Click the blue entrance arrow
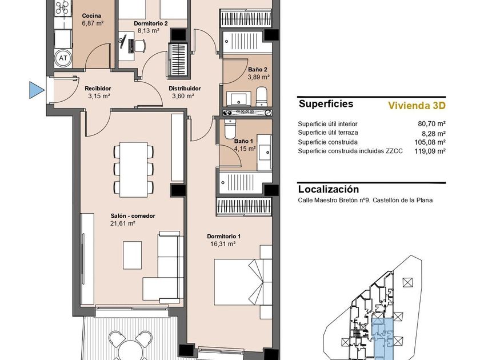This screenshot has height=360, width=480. (x=37, y=90)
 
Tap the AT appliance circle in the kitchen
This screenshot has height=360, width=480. (x=63, y=58)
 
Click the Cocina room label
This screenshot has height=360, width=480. (x=91, y=15)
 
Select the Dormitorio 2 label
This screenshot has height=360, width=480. (x=151, y=23)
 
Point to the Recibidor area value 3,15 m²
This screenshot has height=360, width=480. (x=99, y=96)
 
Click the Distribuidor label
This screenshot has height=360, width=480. (x=185, y=89)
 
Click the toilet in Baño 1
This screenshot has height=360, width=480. (x=230, y=129)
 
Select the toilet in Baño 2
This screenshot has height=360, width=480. (x=262, y=97)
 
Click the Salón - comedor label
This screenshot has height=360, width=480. (x=133, y=216)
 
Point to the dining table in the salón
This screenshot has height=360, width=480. (x=134, y=169)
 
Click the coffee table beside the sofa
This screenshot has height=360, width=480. (x=133, y=255)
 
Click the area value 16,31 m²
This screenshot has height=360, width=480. (x=223, y=244)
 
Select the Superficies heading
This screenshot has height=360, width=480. (x=326, y=104)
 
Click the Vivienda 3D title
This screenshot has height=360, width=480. (x=417, y=106)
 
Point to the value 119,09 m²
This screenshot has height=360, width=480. (x=430, y=151)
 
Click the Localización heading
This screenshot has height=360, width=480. (x=329, y=189)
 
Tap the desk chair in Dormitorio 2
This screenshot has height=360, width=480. (x=140, y=46)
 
